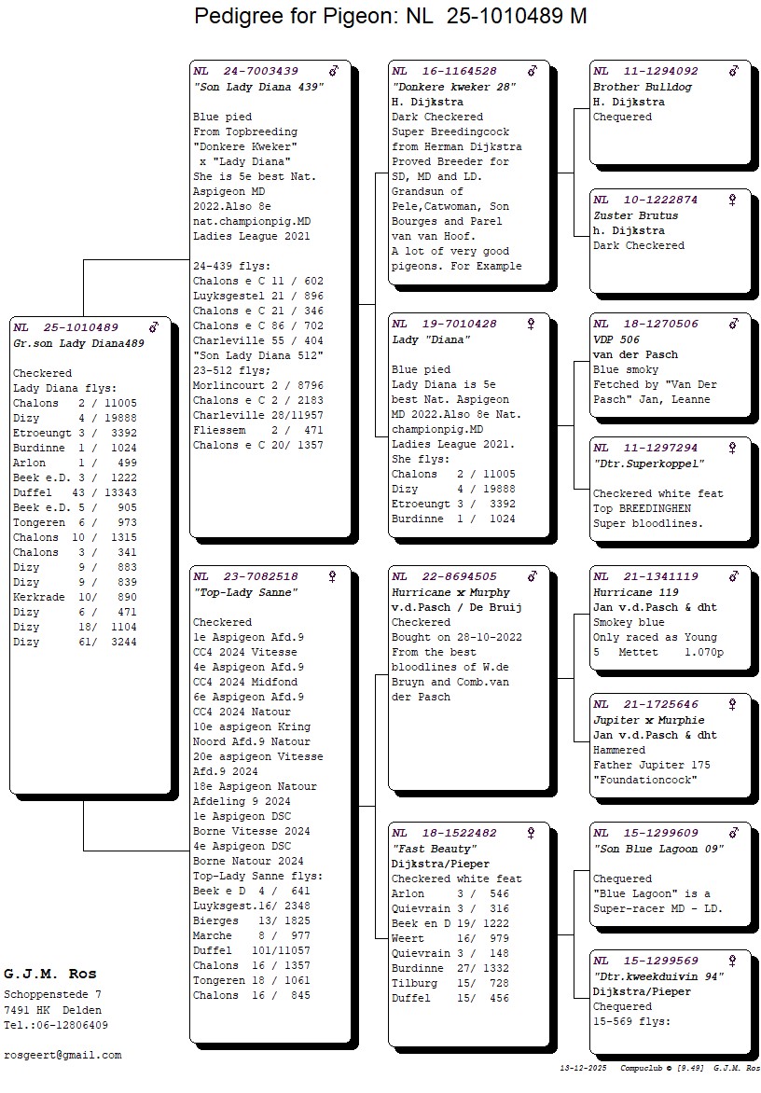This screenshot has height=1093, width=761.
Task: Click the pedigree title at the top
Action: [x=390, y=16]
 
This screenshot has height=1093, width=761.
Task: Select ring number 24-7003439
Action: [x=260, y=71]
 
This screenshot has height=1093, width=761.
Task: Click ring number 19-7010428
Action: [x=459, y=324]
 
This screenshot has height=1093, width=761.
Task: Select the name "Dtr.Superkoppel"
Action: [x=648, y=463]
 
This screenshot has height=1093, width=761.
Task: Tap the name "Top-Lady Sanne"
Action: [x=245, y=592]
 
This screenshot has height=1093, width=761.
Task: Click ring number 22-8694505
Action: [x=459, y=577]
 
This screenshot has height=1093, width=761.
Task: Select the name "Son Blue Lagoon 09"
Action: [x=658, y=849]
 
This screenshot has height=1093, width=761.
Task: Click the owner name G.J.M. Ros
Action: [x=50, y=975]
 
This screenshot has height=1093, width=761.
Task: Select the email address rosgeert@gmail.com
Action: [x=62, y=1055]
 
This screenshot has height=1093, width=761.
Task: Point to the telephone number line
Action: [x=56, y=1025]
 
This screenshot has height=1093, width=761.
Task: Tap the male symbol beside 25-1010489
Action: [x=154, y=327]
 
